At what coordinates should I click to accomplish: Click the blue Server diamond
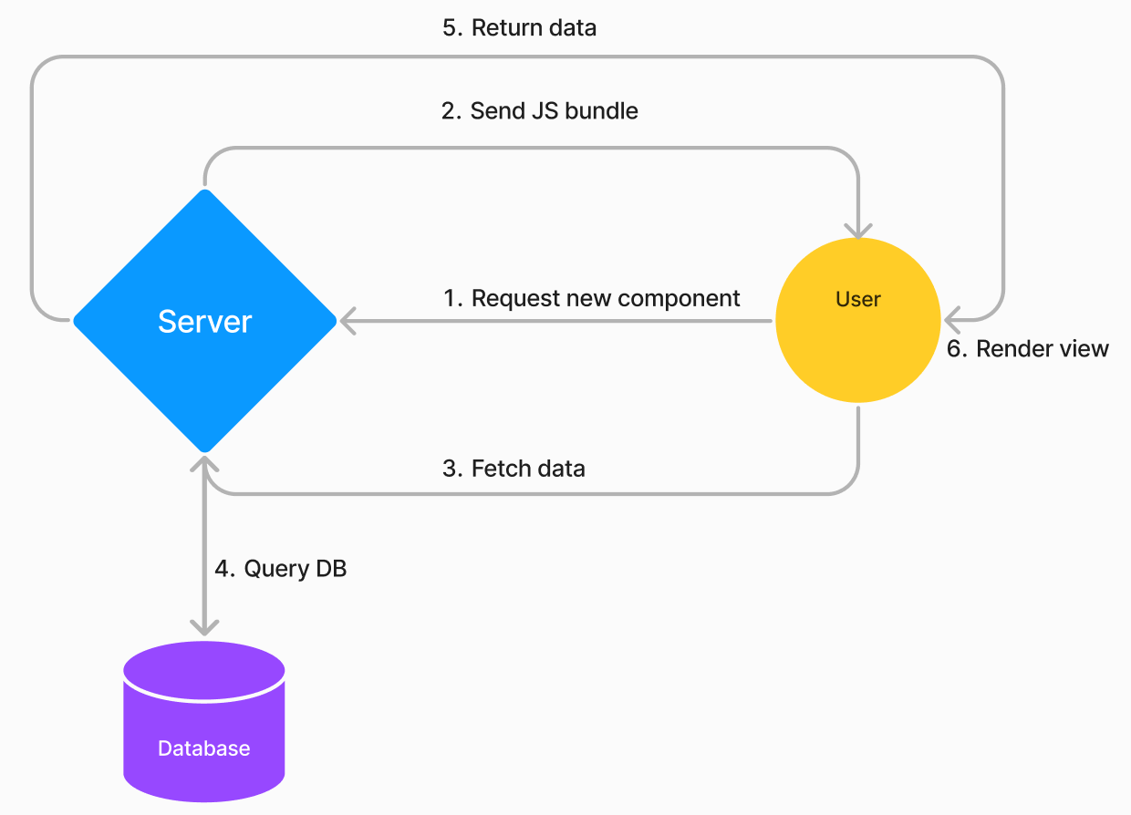click(205, 321)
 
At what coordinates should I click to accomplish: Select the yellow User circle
click(858, 321)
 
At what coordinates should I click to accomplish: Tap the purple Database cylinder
click(204, 722)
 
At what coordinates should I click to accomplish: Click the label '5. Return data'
click(520, 27)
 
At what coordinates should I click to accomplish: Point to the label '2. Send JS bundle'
click(540, 111)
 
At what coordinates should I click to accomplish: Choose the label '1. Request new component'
click(591, 298)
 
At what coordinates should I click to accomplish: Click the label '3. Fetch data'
click(514, 469)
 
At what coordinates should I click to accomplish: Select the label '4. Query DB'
click(281, 569)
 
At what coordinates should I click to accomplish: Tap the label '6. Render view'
click(1028, 349)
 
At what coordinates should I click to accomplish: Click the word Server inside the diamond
click(205, 322)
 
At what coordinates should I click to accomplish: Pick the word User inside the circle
click(858, 299)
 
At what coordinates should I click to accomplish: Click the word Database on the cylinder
click(204, 748)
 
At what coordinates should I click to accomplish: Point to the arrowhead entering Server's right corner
click(348, 321)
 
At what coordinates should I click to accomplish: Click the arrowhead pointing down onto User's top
click(858, 232)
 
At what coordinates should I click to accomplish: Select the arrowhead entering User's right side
click(952, 321)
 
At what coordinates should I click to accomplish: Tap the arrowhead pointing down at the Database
click(204, 628)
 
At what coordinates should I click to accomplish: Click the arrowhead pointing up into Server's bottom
click(204, 464)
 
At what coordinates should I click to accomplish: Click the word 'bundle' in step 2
click(601, 111)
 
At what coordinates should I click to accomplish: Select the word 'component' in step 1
click(679, 299)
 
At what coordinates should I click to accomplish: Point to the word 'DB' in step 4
click(331, 569)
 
